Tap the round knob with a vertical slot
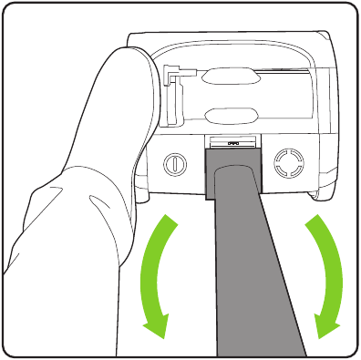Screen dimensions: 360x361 pos(172,164)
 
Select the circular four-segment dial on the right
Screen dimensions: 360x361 pos(287,164)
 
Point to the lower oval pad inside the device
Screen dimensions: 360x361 pos(232,117)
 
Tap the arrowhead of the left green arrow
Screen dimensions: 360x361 pos(158,324)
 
